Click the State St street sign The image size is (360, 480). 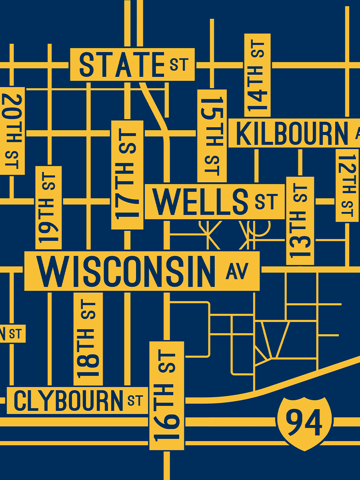pos(132,64)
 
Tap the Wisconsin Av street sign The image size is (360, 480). pos(142,271)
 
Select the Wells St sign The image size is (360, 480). pos(214,201)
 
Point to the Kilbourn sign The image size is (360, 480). pos(294,133)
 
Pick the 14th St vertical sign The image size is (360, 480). pos(257,75)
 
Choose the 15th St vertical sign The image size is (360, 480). pos(212,136)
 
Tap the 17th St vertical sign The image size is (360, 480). pos(127,175)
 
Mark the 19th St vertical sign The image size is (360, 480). pos(48,208)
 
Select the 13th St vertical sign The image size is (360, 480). pos(300,221)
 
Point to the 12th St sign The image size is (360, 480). pos(347,185)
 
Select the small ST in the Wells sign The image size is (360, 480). pos(266,201)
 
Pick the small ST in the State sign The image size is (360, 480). pos(179,64)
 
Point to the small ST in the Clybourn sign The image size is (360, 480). pos(135,400)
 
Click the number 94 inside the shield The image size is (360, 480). pos(305,422)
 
